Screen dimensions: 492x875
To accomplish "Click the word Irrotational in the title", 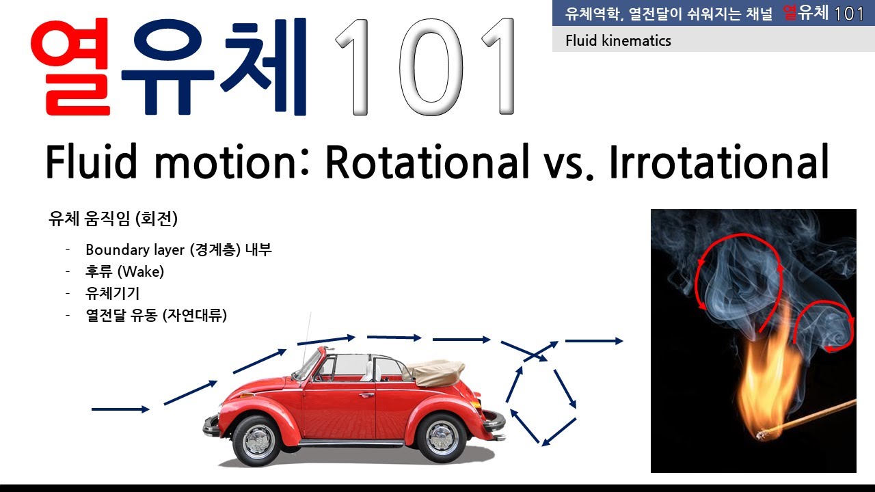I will pyautogui.click(x=718, y=162).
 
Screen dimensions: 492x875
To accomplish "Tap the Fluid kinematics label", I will pyautogui.click(x=618, y=41).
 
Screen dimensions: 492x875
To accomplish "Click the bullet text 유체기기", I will pyautogui.click(x=113, y=294).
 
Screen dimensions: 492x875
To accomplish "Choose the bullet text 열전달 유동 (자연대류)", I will pyautogui.click(x=156, y=316).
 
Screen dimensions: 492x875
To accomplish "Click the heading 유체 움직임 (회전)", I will pyautogui.click(x=113, y=219).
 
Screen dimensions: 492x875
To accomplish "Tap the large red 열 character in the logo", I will pyautogui.click(x=72, y=68).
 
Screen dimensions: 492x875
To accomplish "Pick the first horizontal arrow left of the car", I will pyautogui.click(x=120, y=409).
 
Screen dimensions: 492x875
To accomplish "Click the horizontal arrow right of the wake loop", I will pyautogui.click(x=593, y=340).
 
